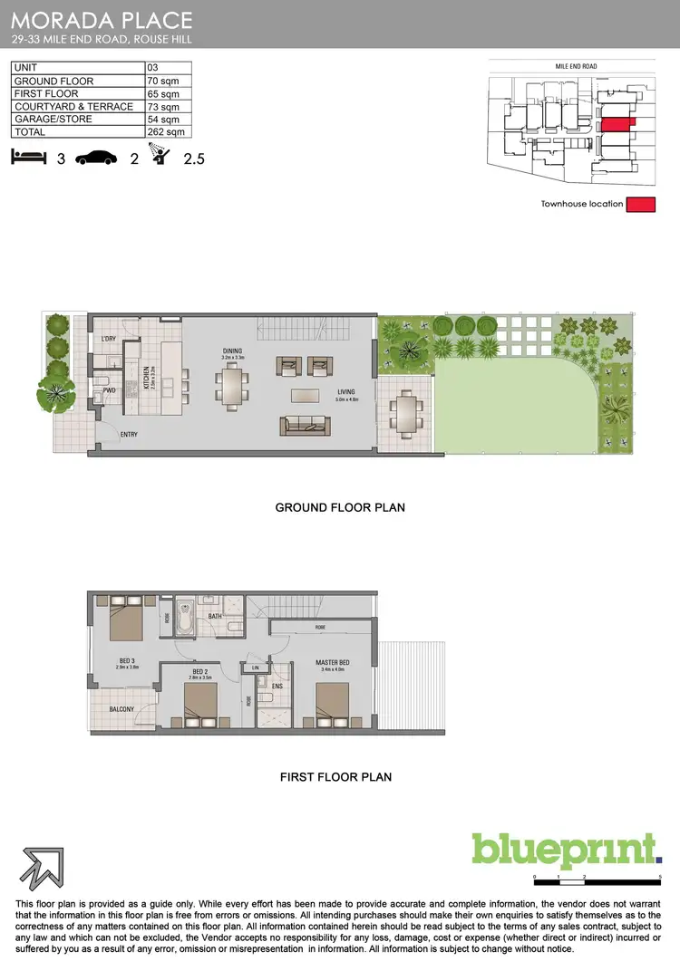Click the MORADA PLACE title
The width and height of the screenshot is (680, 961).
point(102,19)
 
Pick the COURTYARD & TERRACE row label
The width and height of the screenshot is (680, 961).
point(73,106)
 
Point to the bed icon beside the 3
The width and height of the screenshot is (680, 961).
point(28,158)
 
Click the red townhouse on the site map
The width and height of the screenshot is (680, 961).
point(617,123)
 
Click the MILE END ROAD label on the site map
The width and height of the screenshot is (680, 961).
point(577,66)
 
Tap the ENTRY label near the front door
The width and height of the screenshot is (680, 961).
point(130,435)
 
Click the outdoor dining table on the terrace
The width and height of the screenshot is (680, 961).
point(404,413)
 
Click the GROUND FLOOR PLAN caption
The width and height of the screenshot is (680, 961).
point(339,507)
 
